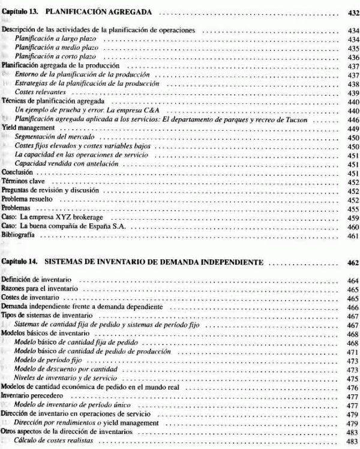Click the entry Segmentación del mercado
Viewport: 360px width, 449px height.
tap(51, 137)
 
